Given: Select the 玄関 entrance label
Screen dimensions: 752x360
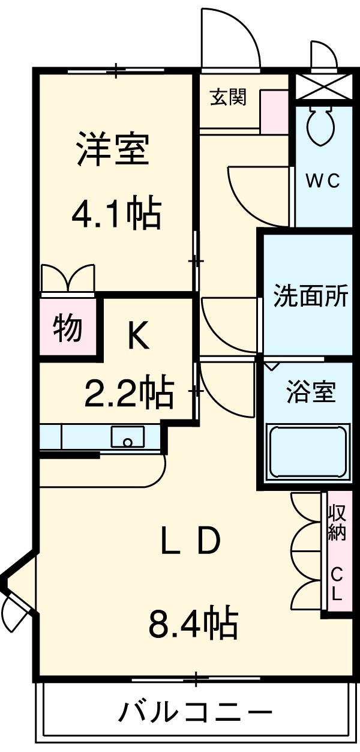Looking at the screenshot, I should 228,97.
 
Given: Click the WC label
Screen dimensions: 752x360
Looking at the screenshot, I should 323,181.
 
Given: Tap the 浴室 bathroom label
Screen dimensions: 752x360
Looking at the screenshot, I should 310,393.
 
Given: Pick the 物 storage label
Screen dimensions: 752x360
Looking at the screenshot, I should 67,328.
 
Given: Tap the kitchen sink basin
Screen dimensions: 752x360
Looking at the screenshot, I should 127,437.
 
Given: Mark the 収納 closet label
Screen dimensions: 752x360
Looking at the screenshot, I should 337,523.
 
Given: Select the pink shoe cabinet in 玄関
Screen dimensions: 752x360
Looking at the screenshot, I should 274,112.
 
